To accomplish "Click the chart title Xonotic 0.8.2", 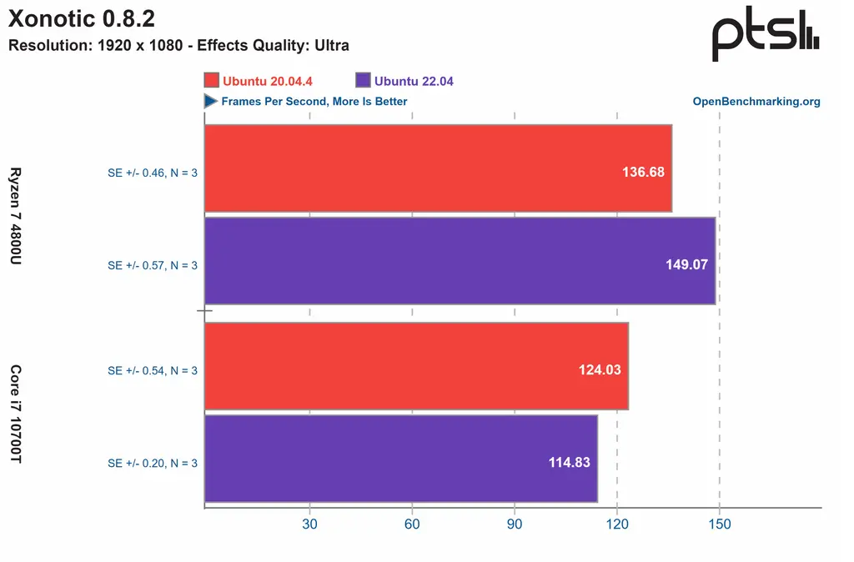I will pyautogui.click(x=82, y=18).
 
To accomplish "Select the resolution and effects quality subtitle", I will pyautogui.click(x=178, y=46).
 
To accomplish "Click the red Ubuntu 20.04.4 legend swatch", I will pyautogui.click(x=211, y=81).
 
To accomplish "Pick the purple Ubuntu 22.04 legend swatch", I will pyautogui.click(x=362, y=81).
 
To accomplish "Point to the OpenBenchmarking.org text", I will pyautogui.click(x=756, y=102).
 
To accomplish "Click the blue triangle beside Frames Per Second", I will pyautogui.click(x=211, y=101).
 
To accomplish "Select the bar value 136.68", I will pyautogui.click(x=643, y=173).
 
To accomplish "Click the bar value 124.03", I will pyautogui.click(x=600, y=369).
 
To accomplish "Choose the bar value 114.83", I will pyautogui.click(x=569, y=463).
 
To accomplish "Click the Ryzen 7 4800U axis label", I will pyautogui.click(x=15, y=216).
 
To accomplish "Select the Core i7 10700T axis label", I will pyautogui.click(x=15, y=414).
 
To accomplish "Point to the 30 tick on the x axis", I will pyautogui.click(x=309, y=524).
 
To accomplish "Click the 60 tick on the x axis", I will pyautogui.click(x=412, y=524).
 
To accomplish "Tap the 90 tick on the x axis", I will pyautogui.click(x=515, y=524).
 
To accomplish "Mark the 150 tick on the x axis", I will pyautogui.click(x=719, y=524).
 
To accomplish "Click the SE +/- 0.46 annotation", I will pyautogui.click(x=153, y=173).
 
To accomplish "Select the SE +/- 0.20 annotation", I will pyautogui.click(x=153, y=463).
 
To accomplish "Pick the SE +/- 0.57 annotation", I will pyautogui.click(x=153, y=265).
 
